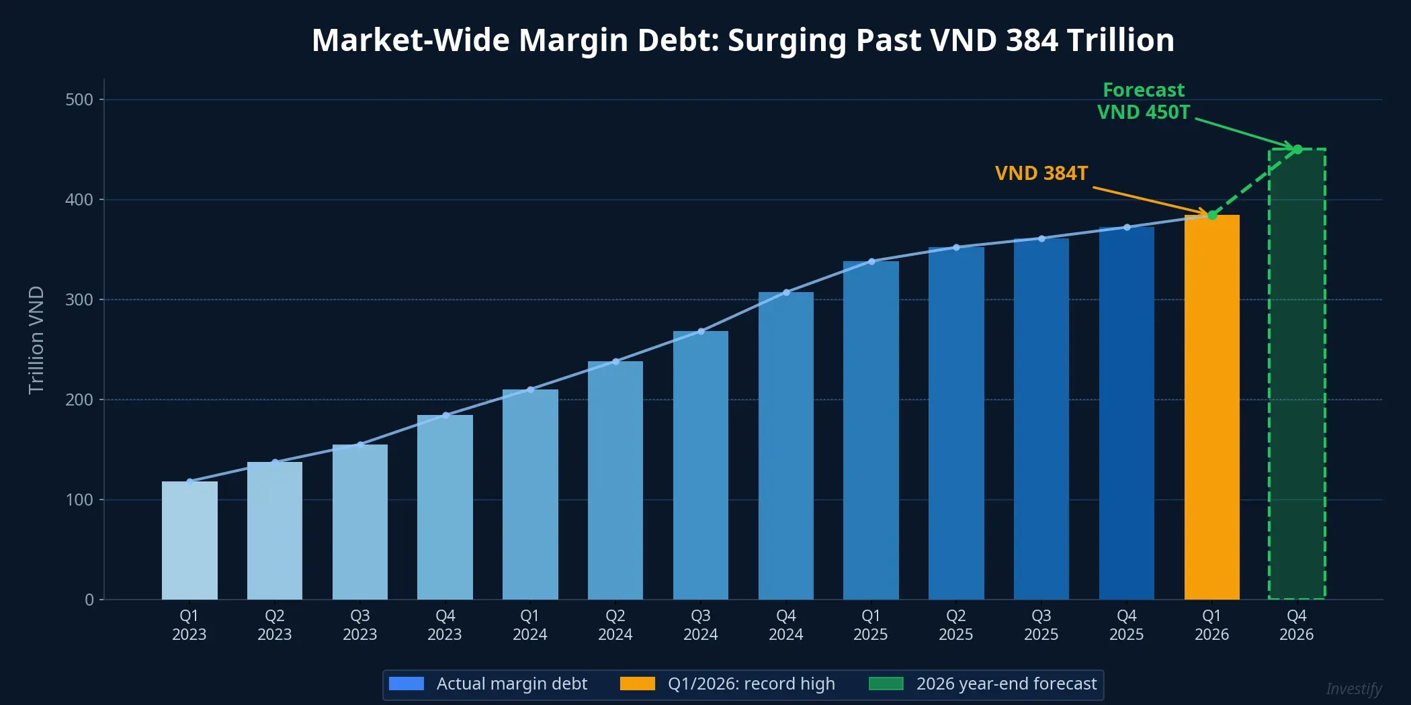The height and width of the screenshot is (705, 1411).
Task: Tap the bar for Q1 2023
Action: [189, 540]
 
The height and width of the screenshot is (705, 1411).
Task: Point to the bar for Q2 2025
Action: [955, 423]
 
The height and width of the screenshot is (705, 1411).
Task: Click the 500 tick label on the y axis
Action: [79, 100]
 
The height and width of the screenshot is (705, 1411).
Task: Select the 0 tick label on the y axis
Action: [89, 600]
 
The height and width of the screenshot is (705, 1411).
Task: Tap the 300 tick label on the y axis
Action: [79, 299]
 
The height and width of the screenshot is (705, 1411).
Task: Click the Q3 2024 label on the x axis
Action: [700, 625]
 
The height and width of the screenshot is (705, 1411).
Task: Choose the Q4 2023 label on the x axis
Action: [445, 625]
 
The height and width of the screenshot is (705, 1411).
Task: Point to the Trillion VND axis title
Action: [36, 340]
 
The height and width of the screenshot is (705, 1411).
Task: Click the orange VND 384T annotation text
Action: [1041, 173]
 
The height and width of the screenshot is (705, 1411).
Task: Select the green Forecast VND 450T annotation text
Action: [1144, 101]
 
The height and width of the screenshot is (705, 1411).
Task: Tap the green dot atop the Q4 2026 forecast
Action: [1297, 150]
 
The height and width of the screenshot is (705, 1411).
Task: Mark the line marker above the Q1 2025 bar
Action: [871, 261]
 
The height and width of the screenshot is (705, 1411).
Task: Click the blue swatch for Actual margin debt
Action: [407, 684]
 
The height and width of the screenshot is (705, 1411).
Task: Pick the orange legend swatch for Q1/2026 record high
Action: [637, 684]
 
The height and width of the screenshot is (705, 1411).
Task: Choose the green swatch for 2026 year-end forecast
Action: [886, 684]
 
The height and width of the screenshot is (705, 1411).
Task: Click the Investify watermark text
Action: [1353, 689]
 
